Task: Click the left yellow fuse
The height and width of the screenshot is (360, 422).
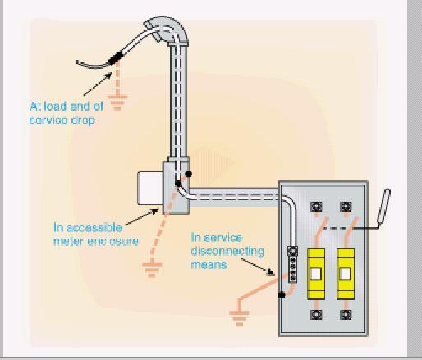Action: [x=316, y=274]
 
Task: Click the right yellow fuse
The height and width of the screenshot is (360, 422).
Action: [x=346, y=274]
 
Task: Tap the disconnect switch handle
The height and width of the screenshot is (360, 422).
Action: [x=383, y=206]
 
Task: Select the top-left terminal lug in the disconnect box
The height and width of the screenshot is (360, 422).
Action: [x=316, y=207]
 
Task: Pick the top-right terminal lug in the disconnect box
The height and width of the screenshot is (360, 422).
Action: [x=346, y=207]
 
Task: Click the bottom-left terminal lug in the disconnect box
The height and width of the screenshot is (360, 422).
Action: [x=316, y=315]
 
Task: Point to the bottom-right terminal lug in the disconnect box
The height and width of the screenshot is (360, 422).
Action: [x=346, y=315]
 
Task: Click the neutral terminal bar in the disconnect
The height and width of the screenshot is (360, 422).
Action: [x=292, y=264]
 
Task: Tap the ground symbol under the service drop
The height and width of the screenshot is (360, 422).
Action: [x=117, y=103]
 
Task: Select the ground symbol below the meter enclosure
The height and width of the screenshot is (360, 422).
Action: [x=152, y=270]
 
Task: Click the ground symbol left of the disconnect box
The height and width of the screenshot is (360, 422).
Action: [x=239, y=318]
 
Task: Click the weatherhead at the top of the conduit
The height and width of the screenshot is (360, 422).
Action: [x=166, y=30]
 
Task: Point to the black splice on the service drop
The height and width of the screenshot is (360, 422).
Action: [x=115, y=58]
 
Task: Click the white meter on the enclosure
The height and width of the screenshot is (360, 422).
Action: [x=150, y=188]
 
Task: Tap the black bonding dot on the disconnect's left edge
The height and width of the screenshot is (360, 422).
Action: [x=282, y=295]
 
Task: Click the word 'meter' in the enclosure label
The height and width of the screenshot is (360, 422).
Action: [x=68, y=241]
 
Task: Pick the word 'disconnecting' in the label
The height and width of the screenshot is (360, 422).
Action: [x=227, y=251]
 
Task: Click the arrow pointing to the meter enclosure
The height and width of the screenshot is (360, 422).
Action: [x=142, y=216]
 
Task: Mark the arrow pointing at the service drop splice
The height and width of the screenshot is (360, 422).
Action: [x=98, y=84]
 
